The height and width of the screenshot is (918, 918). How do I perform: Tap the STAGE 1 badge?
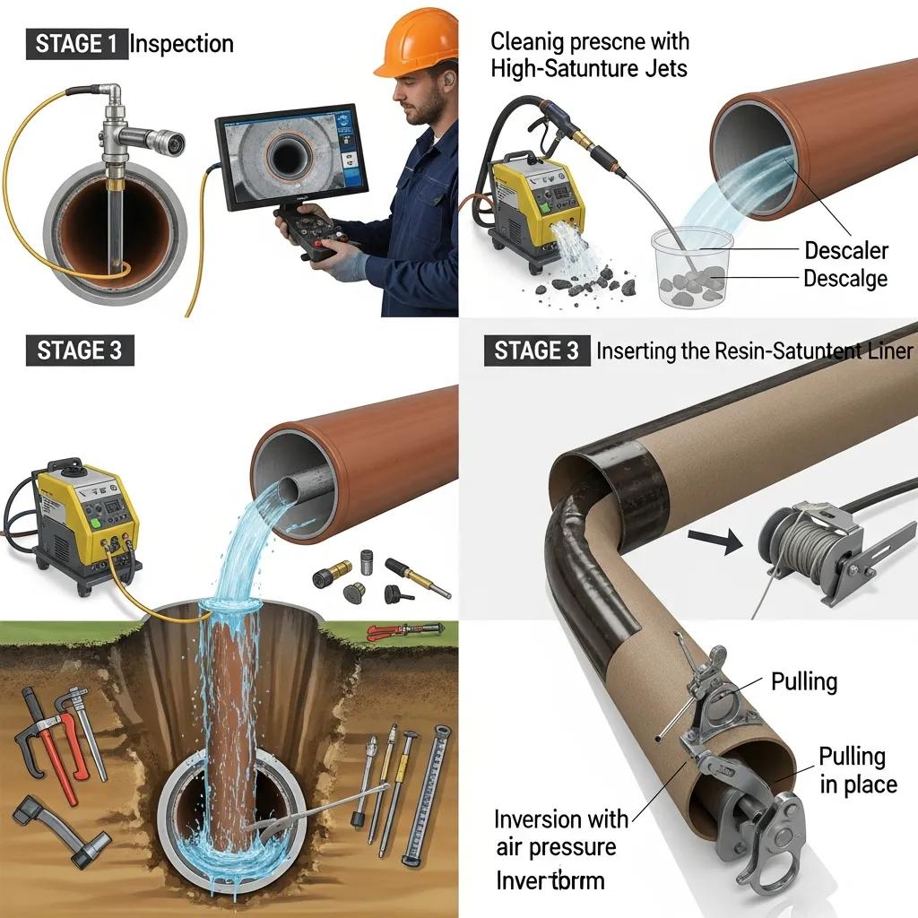(79, 44)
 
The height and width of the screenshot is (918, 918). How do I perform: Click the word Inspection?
(181, 44)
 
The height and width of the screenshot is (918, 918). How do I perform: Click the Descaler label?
(846, 250)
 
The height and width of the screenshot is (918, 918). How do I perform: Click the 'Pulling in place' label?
(857, 771)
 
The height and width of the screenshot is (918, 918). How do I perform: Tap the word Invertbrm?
(550, 880)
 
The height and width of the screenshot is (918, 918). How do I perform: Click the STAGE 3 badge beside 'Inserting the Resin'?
(536, 351)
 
